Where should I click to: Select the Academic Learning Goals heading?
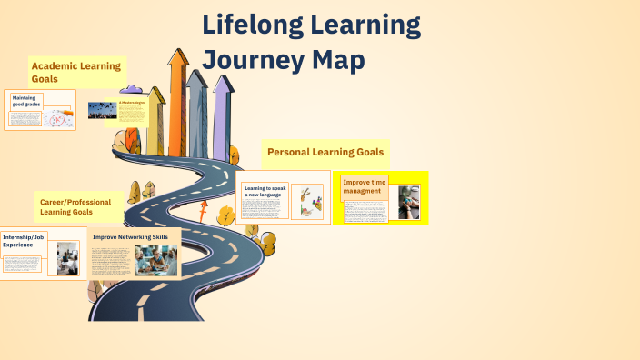tap(76, 72)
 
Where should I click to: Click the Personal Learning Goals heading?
tap(325, 152)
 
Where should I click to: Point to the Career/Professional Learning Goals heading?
tap(78, 205)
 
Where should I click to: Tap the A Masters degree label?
tap(133, 103)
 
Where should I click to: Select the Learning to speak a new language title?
tap(265, 192)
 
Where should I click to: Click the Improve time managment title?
tap(364, 186)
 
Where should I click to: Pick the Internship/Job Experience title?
tap(24, 240)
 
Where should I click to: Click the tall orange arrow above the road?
tap(178, 100)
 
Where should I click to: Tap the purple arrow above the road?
tap(222, 114)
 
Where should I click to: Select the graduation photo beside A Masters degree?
tap(100, 110)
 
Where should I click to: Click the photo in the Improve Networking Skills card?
tap(155, 260)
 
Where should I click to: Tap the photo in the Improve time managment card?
tap(408, 203)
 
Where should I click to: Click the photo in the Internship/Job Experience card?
tap(67, 257)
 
